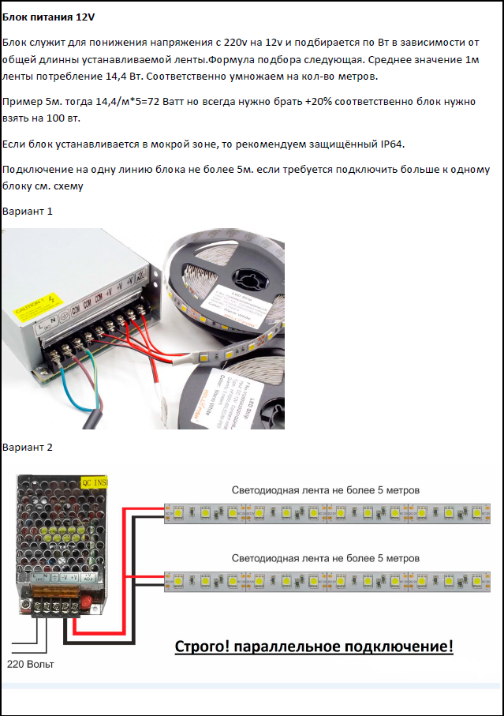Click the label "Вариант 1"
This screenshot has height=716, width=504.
28,212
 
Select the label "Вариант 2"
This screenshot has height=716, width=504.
28,448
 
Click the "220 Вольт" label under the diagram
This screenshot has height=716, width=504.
31,664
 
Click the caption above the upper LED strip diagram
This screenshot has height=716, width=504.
326,490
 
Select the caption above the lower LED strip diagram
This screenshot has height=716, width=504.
326,558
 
